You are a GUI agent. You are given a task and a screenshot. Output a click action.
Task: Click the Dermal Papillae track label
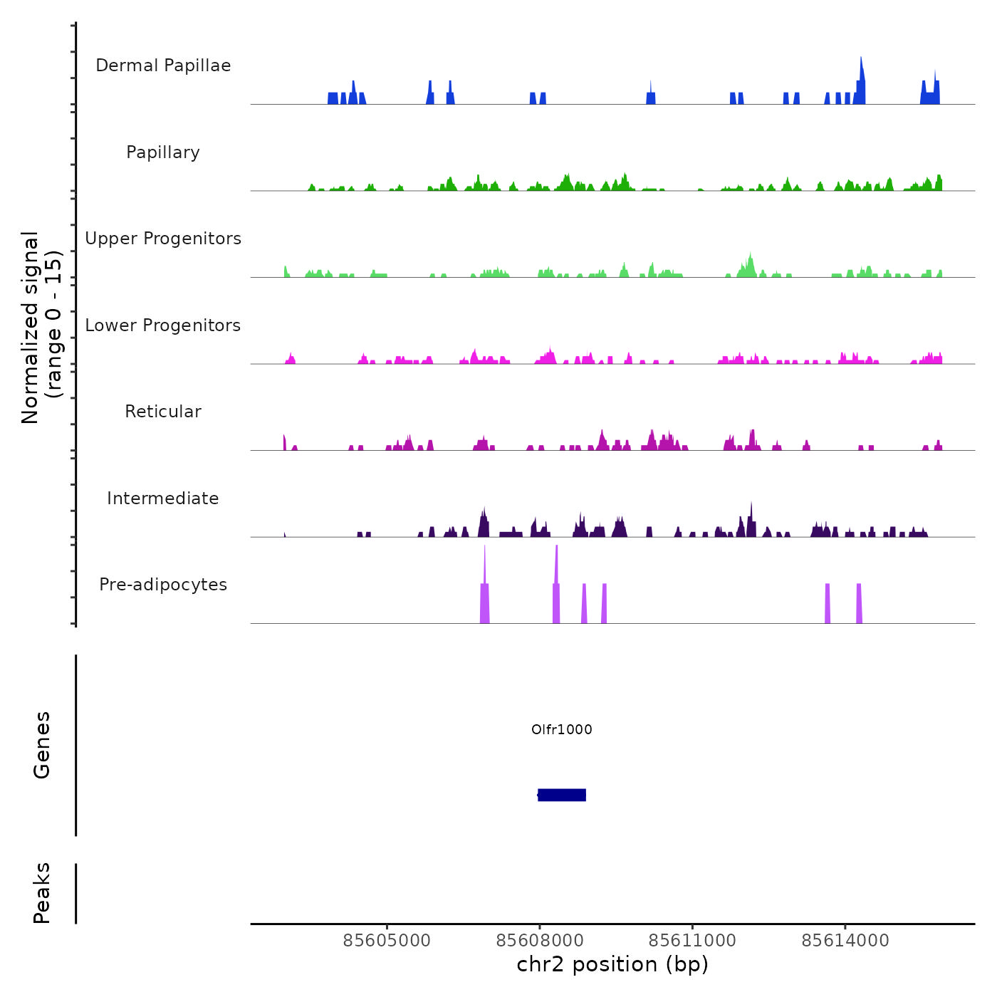(163, 66)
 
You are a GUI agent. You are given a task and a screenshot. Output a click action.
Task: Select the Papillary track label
(163, 152)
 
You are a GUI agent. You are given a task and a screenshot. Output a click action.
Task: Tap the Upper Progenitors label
(163, 239)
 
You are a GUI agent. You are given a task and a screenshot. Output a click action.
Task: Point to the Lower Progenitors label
(163, 325)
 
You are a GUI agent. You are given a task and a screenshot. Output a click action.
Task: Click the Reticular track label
(163, 412)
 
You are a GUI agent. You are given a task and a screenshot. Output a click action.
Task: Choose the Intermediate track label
(163, 499)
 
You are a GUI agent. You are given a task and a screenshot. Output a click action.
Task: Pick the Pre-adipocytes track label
(163, 585)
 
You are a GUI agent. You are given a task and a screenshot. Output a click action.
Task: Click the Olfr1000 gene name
(562, 729)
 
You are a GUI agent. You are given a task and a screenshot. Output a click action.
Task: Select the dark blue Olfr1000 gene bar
(562, 795)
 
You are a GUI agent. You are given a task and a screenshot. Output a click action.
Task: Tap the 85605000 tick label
(387, 941)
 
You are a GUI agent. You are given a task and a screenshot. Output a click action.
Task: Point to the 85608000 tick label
(540, 941)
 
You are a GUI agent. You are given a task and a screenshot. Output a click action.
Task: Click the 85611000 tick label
(692, 941)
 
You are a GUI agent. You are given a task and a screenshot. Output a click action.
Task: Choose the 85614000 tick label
(845, 941)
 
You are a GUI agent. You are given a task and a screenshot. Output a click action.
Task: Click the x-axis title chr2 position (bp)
(612, 965)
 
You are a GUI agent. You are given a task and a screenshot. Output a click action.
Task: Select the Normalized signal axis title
(41, 327)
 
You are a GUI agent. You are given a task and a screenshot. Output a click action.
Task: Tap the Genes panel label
(42, 745)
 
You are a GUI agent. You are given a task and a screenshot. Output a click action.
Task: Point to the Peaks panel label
(42, 893)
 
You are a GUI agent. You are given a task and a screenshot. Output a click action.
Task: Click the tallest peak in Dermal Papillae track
(861, 60)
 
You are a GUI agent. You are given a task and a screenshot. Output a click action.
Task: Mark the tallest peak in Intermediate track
(751, 505)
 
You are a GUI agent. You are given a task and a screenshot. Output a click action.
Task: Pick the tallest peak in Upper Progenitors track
(750, 255)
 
